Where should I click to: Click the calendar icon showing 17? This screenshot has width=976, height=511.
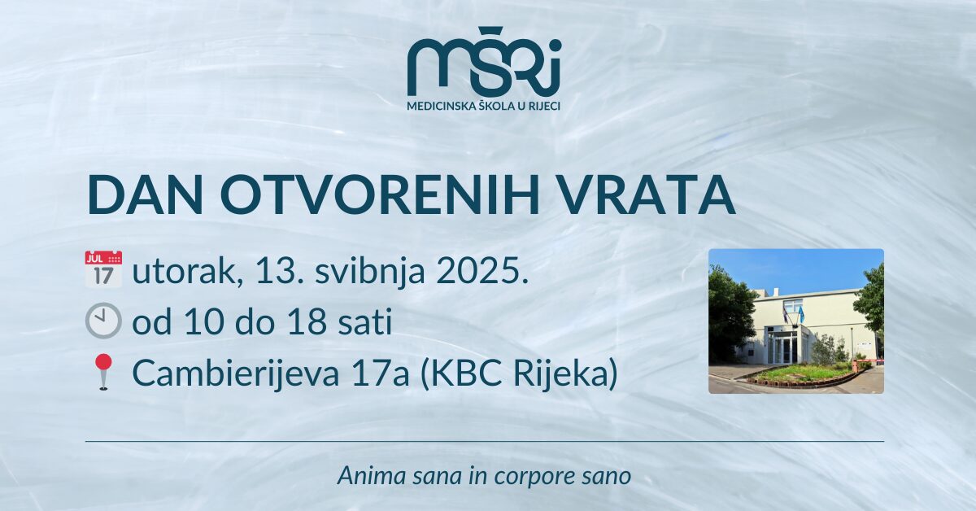tap(103, 269)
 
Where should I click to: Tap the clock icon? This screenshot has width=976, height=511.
tap(103, 321)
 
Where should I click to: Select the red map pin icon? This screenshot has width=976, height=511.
tap(103, 372)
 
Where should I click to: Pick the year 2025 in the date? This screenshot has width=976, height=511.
tap(477, 272)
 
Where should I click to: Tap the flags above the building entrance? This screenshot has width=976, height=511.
tap(792, 313)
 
